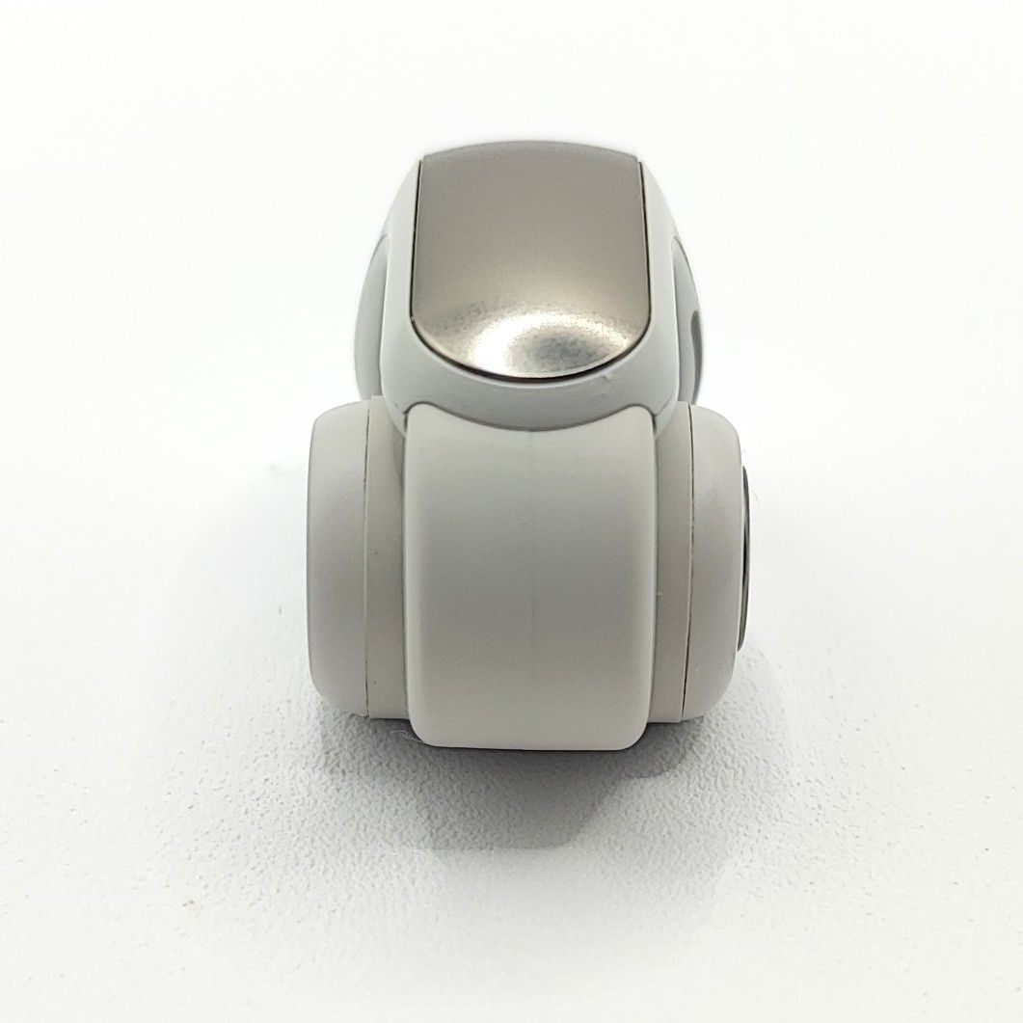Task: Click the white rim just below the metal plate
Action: (521, 405)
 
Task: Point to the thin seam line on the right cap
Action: (689, 569)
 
